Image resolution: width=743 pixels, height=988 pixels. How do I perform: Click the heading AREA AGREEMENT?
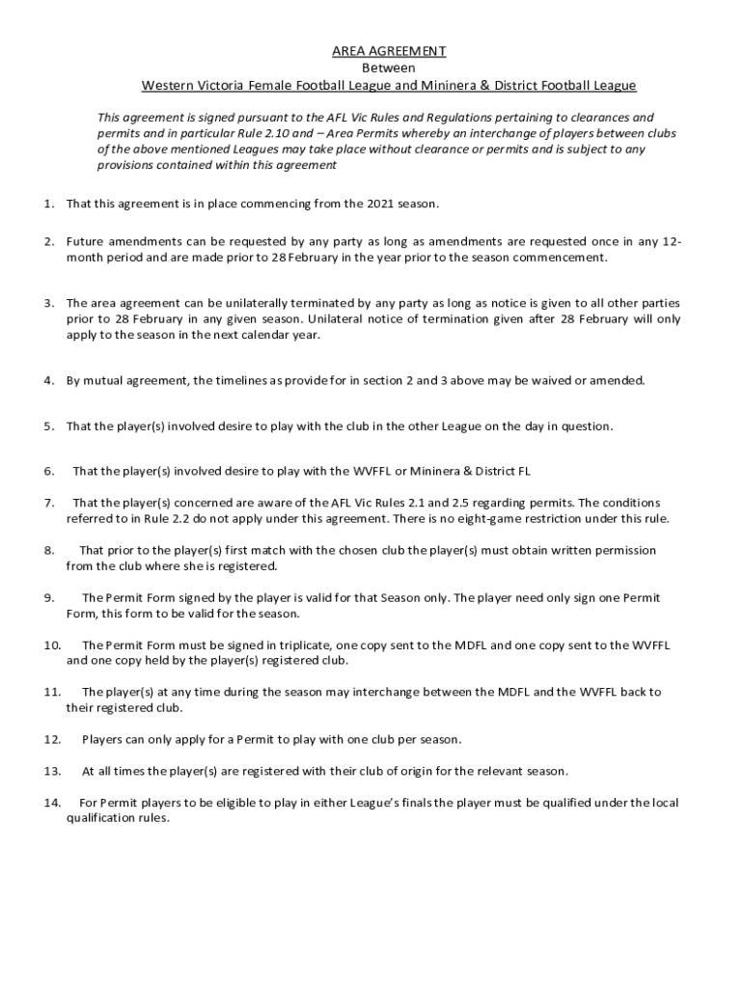point(389,51)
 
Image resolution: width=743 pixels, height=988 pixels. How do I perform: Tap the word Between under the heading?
point(389,69)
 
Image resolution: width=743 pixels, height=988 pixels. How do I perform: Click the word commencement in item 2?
point(562,258)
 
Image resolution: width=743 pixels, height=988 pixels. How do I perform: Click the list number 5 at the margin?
point(48,425)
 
